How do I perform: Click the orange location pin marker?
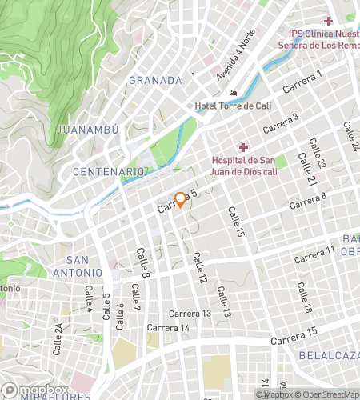coord(181,199)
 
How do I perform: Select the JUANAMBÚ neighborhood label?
coord(88,129)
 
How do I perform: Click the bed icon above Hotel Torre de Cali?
coord(233,93)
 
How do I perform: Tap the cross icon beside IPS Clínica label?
coord(328,20)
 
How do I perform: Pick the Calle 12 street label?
coord(199,269)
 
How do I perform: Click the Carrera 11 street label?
coord(314,255)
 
